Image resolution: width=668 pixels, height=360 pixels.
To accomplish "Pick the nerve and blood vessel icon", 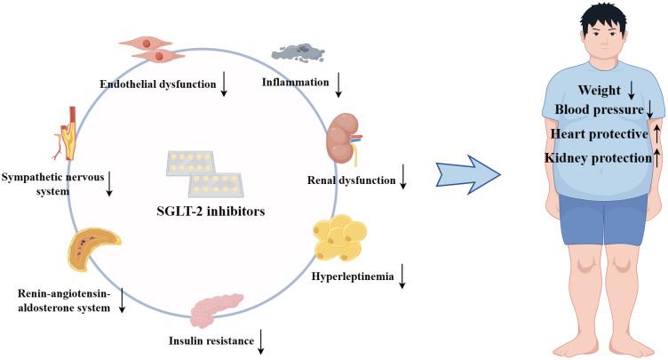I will click(x=70, y=132).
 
